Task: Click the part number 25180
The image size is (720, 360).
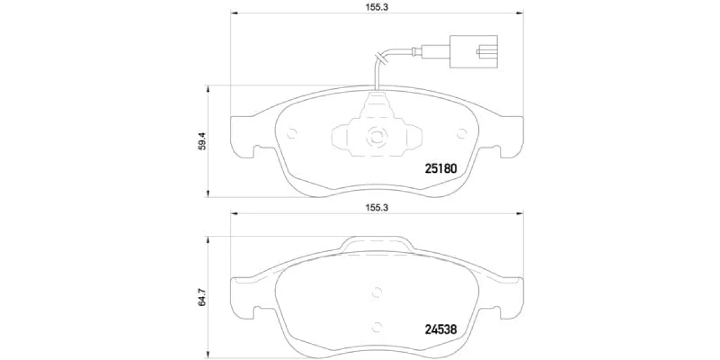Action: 440,169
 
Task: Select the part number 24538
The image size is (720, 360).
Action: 440,329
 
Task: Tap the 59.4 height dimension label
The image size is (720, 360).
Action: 202,142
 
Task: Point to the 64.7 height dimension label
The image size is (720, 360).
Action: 202,297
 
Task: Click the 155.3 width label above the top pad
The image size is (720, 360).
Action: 377,7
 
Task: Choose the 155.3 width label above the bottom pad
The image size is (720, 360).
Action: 377,208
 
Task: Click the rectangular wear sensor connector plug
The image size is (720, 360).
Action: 473,52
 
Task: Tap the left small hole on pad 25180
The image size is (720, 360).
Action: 292,134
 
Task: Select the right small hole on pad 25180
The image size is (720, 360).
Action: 462,134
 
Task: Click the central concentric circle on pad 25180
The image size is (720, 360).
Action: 377,137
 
